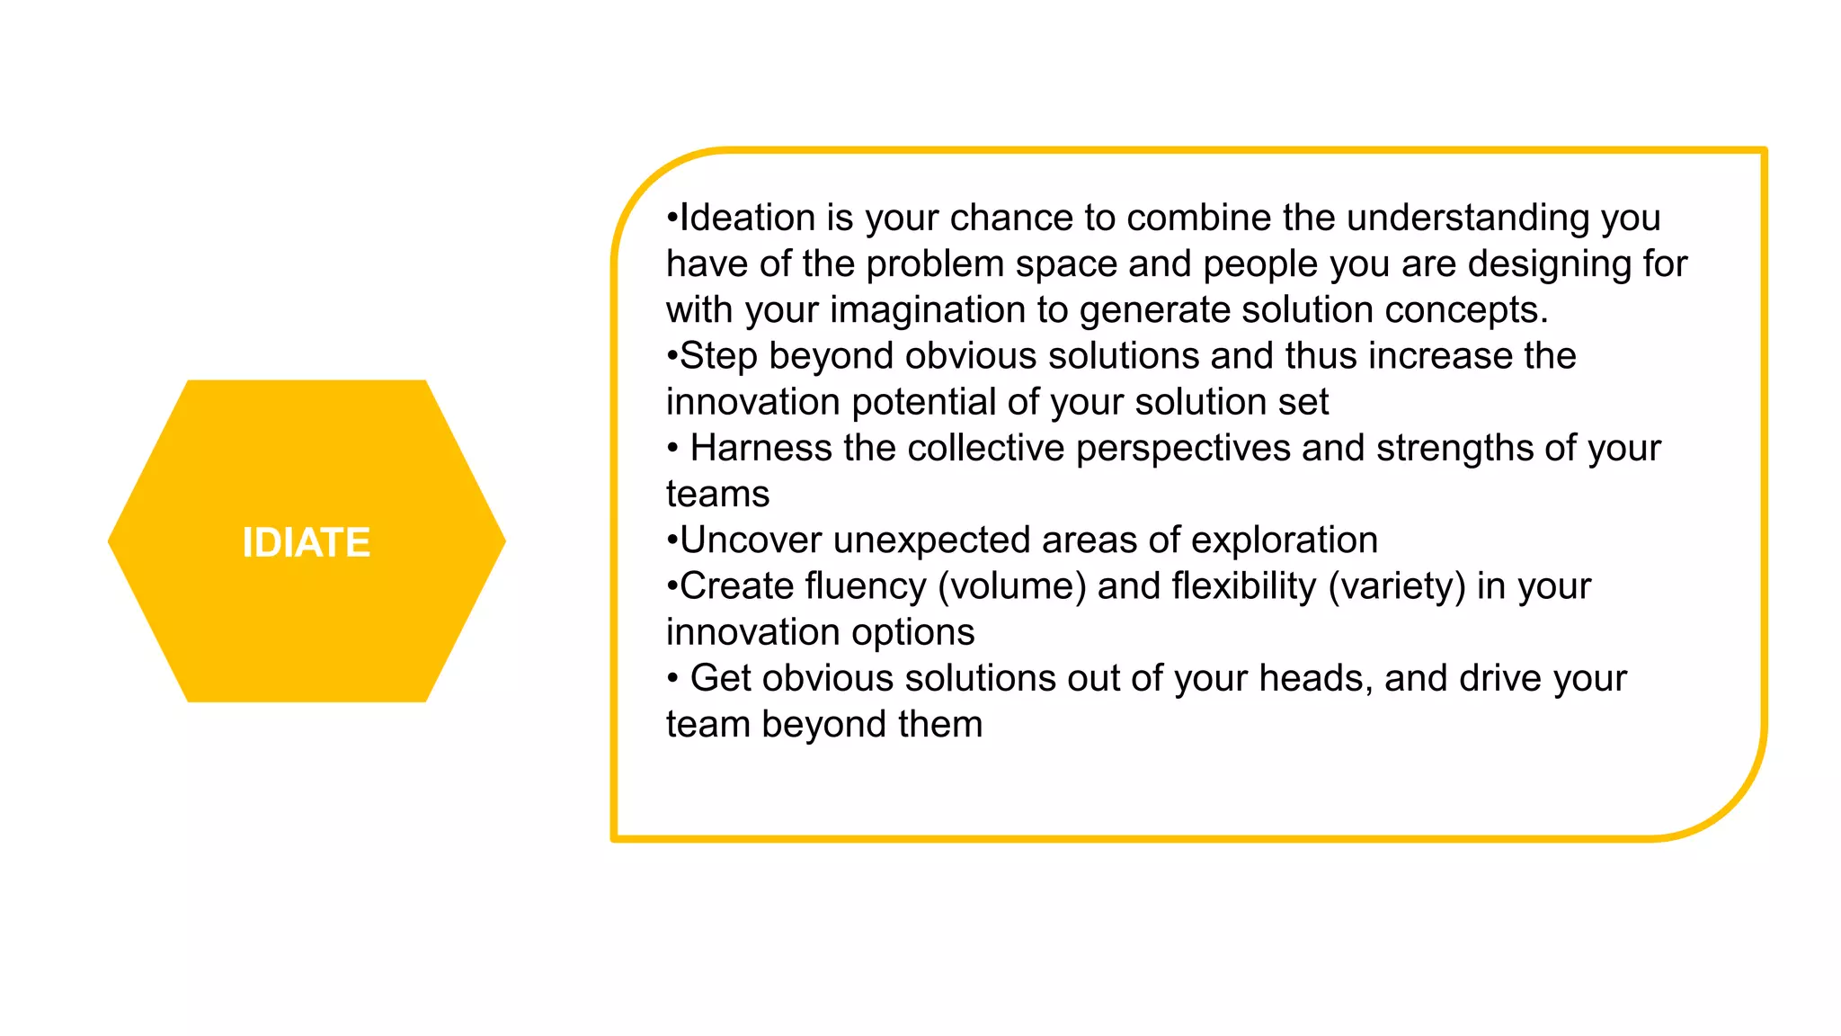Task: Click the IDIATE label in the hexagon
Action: (x=306, y=542)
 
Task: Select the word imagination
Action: (x=927, y=310)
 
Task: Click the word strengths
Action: (x=1454, y=448)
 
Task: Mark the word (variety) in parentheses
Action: (x=1396, y=586)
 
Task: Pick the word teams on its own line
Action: (x=717, y=495)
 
